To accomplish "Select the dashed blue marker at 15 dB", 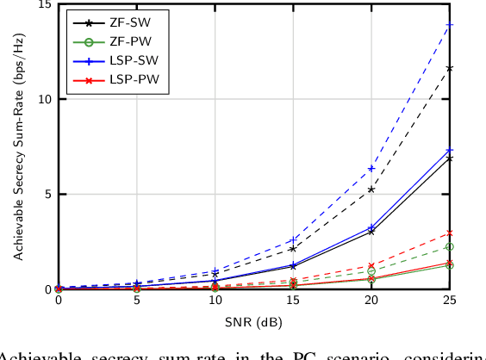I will [294, 240].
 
